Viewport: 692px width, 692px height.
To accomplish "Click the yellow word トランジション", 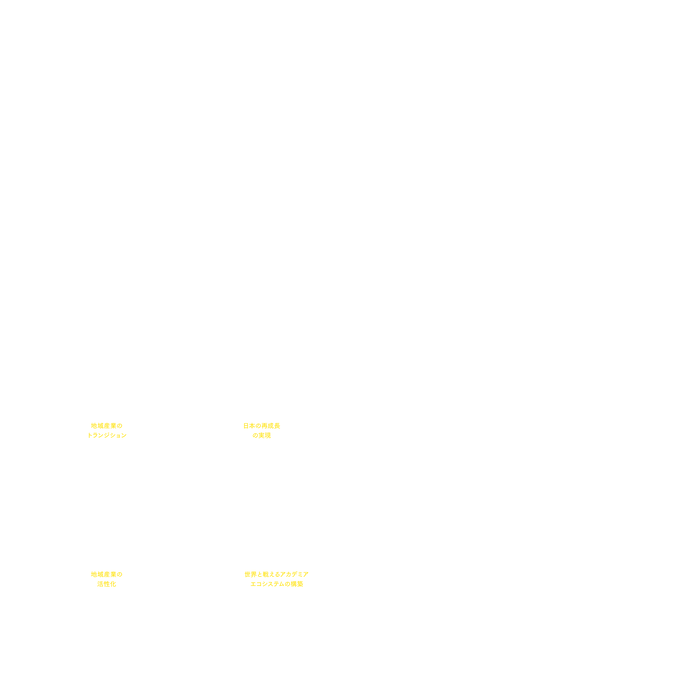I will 107,435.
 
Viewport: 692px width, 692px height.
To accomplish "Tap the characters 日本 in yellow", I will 249,426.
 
